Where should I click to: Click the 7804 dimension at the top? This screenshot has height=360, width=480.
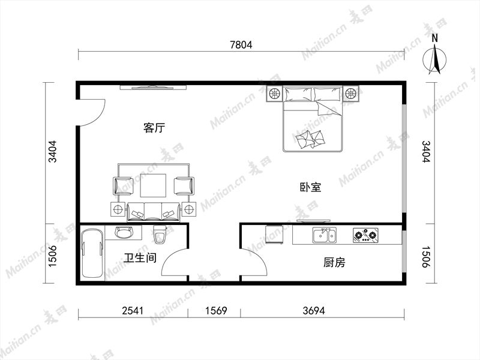point(241,45)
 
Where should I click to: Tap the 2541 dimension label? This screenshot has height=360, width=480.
point(133,311)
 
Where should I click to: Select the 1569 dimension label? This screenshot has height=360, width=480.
point(216,311)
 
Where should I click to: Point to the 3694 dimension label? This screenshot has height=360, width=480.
point(314,311)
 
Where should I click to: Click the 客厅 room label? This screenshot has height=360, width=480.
point(154,128)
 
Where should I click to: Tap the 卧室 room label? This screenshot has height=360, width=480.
point(310,187)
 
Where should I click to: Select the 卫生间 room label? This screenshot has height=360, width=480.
point(140,258)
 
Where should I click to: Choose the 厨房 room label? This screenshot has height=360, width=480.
point(334,262)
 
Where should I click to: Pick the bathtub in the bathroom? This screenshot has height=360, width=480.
point(93,253)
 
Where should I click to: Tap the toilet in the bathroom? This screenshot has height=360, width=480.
point(159,235)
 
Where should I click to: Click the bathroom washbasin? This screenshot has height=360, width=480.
point(124,232)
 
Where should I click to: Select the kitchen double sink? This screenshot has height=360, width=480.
point(325,235)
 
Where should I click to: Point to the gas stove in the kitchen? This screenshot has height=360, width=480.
point(365,235)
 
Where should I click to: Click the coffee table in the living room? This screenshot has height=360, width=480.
point(154,185)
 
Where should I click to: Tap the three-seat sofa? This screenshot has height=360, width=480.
point(154,212)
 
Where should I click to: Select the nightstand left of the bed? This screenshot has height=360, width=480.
point(274,94)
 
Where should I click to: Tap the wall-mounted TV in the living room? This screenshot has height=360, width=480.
point(153,88)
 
